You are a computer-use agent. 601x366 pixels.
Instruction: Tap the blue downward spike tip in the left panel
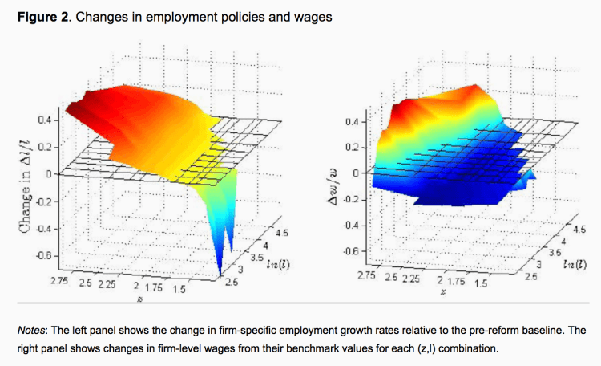[x=220, y=277]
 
